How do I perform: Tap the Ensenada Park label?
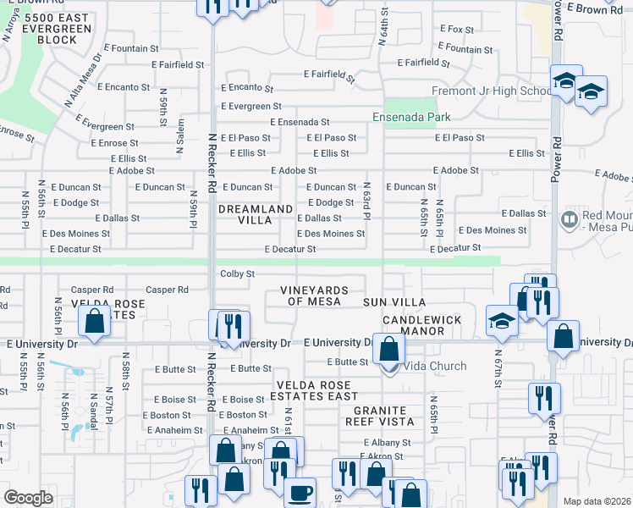pyautogui.click(x=411, y=117)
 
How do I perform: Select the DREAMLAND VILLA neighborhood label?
pyautogui.click(x=256, y=214)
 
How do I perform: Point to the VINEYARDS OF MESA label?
pyautogui.click(x=314, y=295)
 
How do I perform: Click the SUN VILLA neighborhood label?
pyautogui.click(x=394, y=301)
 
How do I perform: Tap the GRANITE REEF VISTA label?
pyautogui.click(x=378, y=415)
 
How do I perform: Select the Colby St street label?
pyautogui.click(x=237, y=273)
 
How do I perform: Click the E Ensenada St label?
pyautogui.click(x=300, y=122)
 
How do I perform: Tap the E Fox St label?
pyautogui.click(x=456, y=30)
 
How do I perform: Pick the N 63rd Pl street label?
pyautogui.click(x=367, y=201)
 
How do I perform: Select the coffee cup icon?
pyautogui.click(x=300, y=492)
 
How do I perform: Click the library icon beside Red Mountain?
pyautogui.click(x=570, y=219)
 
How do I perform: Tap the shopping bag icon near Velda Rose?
pyautogui.click(x=94, y=321)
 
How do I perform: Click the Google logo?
pyautogui.click(x=28, y=498)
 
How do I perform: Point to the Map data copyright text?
pyautogui.click(x=597, y=501)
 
